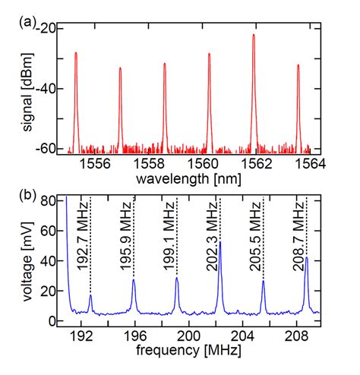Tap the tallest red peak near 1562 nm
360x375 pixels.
pyautogui.click(x=254, y=36)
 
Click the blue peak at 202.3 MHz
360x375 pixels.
pyautogui.click(x=220, y=264)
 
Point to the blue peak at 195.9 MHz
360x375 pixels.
pyautogui.click(x=134, y=282)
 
